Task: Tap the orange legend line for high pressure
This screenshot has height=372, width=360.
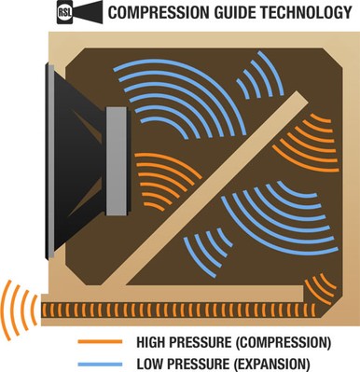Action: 104,339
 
